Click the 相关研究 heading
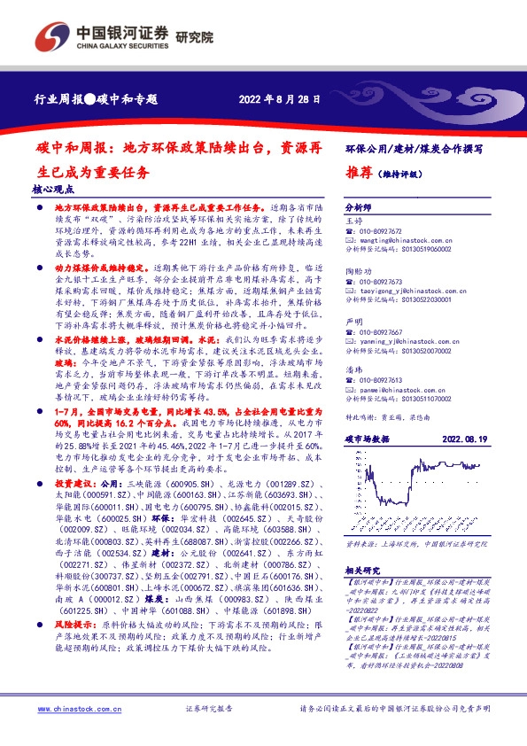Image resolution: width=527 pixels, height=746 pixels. [x=363, y=571]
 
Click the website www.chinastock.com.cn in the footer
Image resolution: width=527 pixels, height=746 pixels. [x=74, y=709]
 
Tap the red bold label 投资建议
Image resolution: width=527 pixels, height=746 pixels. [x=74, y=485]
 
